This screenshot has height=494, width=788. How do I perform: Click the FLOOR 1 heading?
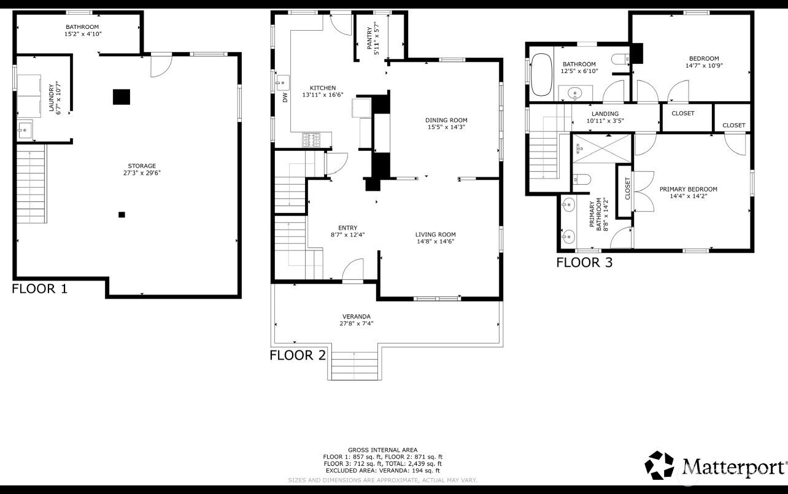click(x=39, y=288)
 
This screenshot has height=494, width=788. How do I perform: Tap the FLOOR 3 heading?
click(x=584, y=263)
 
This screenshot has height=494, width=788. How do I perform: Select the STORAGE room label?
click(x=142, y=166)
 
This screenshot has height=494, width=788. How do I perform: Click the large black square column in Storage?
click(x=122, y=97)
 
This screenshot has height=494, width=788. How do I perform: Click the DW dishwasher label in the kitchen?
click(x=285, y=98)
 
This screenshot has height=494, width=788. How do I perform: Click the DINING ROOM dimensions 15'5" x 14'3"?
click(x=447, y=128)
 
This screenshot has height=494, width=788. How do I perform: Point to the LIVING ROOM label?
click(x=435, y=234)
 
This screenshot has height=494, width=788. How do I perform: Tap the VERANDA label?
click(x=357, y=317)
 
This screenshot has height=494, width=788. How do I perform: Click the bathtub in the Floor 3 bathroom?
click(x=541, y=75)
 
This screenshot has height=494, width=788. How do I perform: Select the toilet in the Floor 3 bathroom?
click(x=620, y=60)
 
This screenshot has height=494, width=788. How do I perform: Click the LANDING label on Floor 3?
click(x=605, y=114)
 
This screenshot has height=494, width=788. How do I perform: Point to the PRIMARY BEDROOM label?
click(x=688, y=189)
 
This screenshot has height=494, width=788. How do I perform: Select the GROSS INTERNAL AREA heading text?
click(x=382, y=450)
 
